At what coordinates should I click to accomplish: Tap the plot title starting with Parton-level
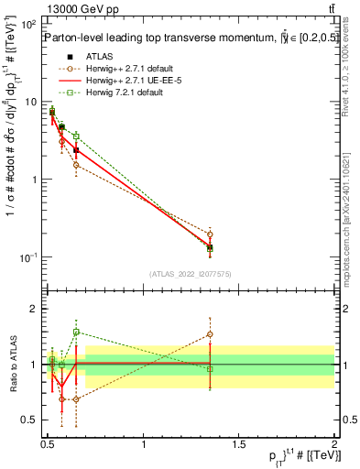165,38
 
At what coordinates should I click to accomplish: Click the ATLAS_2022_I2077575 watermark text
191,274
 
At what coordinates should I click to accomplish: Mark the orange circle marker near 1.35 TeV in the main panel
210,234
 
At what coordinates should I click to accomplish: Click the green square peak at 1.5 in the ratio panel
76,332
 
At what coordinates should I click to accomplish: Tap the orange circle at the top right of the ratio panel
210,334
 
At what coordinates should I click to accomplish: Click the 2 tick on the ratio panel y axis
36,309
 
